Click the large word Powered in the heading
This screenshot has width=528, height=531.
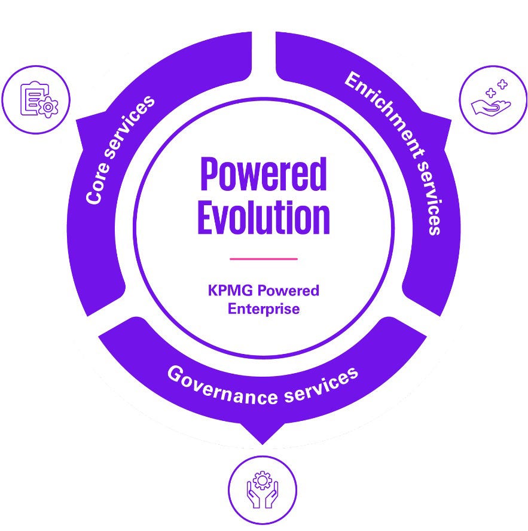(x=263, y=175)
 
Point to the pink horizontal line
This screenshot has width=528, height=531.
(x=263, y=259)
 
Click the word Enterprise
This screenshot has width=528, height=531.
(x=263, y=309)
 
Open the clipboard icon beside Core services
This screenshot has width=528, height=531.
(x=36, y=99)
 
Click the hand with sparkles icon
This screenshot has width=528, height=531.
(x=493, y=99)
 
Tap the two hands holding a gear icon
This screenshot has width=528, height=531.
(x=263, y=491)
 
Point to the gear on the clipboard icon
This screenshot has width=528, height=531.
(x=47, y=108)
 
